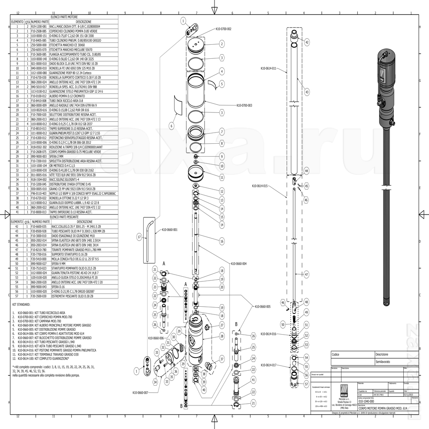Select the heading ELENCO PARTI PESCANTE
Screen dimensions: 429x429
click(x=64, y=217)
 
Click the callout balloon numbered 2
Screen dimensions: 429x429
click(x=222, y=44)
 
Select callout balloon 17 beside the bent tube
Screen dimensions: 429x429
click(x=139, y=236)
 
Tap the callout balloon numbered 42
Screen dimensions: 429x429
click(x=307, y=42)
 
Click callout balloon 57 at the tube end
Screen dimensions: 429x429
click(x=306, y=384)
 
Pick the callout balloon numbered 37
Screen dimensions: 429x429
click(x=222, y=358)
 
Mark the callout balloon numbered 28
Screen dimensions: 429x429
click(x=222, y=337)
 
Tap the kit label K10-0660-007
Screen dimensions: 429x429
click(x=140, y=393)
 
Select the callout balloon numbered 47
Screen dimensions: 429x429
click(x=306, y=273)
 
